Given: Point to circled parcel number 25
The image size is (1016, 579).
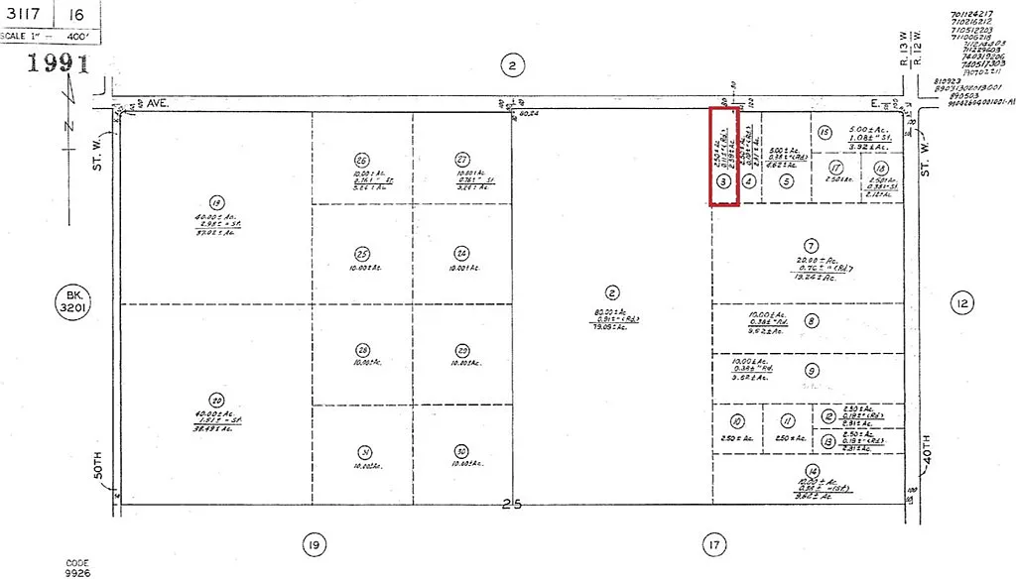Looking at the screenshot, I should (362, 253).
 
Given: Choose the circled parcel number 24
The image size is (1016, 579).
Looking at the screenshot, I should (462, 252).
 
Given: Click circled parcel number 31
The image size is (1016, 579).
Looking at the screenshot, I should (362, 449).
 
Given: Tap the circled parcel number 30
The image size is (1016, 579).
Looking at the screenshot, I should (462, 449).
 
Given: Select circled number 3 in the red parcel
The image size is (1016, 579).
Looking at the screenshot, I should (724, 181).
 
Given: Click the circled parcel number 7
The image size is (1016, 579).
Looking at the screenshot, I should (811, 245).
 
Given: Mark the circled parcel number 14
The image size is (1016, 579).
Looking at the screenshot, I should (813, 471).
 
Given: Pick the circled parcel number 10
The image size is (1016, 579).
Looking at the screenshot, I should (737, 420).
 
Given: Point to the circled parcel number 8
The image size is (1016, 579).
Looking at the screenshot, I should (812, 320).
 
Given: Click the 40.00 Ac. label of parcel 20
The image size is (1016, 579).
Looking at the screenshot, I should (215, 413).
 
